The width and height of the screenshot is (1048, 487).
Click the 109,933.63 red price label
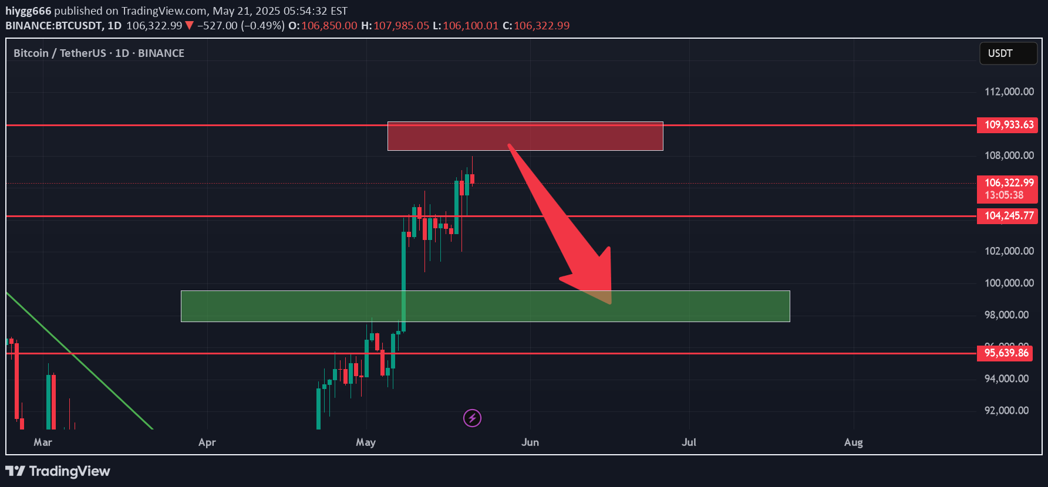[x=1007, y=125]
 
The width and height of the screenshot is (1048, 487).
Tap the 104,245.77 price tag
[x=1007, y=216]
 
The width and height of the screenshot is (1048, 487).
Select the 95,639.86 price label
[x=1005, y=353]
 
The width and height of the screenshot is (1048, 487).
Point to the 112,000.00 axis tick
[x=1009, y=92]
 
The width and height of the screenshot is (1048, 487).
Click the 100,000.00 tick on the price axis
[x=1009, y=283]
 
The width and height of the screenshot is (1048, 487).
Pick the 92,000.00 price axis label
[x=1006, y=411]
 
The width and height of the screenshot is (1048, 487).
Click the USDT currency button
[x=1007, y=53]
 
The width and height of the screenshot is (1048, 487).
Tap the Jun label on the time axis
[x=530, y=442]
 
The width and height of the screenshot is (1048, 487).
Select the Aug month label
[x=853, y=442]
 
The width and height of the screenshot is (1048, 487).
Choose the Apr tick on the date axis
[x=207, y=442]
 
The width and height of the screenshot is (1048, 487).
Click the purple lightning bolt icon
[x=472, y=418]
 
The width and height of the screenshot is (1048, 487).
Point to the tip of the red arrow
[x=610, y=303]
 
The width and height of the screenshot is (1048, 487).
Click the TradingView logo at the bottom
[x=58, y=471]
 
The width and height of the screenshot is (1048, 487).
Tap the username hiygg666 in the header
[x=28, y=11]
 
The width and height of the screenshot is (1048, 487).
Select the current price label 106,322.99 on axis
[x=1007, y=183]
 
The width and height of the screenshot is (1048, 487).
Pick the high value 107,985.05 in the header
[x=401, y=26]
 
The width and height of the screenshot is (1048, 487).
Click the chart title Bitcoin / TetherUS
[x=59, y=53]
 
